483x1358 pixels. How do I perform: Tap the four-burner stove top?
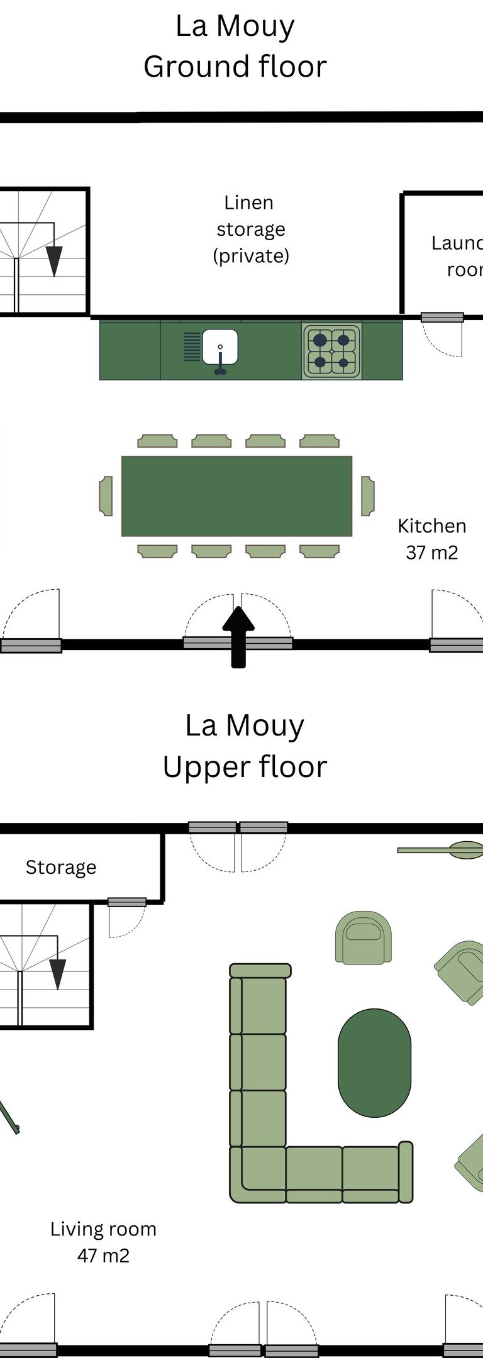point(331,351)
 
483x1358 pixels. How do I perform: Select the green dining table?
point(236,496)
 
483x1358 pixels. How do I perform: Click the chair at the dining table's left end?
point(106,496)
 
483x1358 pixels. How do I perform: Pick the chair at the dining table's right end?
point(368,496)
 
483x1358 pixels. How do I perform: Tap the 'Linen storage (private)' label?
point(250,229)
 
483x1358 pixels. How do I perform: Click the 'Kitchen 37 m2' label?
point(431,539)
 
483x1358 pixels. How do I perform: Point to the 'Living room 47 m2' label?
point(103,1242)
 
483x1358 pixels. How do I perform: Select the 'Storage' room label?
point(61,868)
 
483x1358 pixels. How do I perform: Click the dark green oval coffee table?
point(374,1063)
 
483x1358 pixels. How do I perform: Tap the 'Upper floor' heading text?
point(245,766)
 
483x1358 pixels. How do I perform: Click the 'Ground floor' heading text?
point(235,67)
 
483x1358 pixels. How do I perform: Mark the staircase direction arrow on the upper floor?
point(57,973)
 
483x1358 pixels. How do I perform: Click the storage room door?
point(126,903)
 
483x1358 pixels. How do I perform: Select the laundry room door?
point(442,318)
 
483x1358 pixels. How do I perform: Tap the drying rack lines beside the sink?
point(192,346)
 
